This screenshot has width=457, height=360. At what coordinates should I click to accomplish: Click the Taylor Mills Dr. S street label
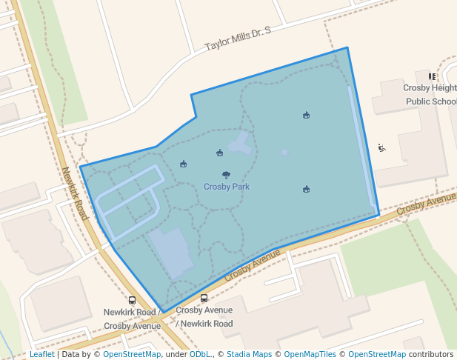point(238,39)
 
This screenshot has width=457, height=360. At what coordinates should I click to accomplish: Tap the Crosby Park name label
point(227,187)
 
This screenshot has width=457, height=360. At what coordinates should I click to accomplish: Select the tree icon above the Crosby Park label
point(226,176)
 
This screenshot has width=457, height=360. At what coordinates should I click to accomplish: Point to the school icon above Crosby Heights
point(432,76)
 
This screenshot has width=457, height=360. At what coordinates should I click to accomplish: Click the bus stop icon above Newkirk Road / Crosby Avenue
point(133,301)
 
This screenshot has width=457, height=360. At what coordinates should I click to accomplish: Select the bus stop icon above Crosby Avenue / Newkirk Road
point(204,298)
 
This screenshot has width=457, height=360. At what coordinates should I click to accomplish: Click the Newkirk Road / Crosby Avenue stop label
point(132,319)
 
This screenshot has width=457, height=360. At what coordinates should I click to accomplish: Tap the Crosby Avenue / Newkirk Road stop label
point(204,317)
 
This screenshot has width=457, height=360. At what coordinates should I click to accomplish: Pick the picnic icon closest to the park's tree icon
point(219,153)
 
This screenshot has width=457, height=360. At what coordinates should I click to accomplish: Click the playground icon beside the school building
point(381,148)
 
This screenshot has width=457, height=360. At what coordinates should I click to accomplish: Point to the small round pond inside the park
point(284,153)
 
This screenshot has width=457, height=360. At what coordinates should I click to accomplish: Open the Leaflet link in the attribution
point(41,355)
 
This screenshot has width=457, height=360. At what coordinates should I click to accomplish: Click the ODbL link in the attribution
point(200,355)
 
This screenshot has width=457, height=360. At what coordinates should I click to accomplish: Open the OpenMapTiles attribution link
point(310,355)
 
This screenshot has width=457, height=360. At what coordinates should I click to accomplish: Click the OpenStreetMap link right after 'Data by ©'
point(132,355)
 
